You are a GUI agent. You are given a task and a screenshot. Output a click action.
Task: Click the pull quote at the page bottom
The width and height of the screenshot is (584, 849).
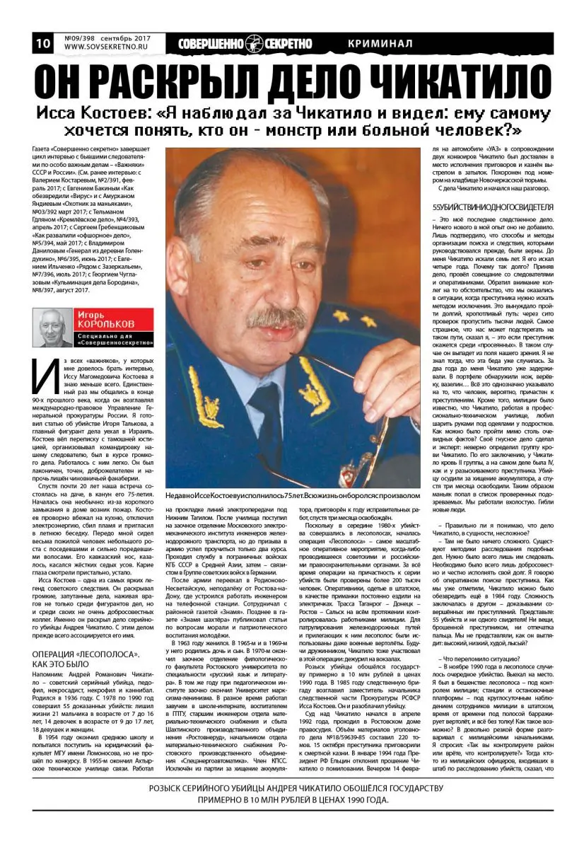point(292,794)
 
